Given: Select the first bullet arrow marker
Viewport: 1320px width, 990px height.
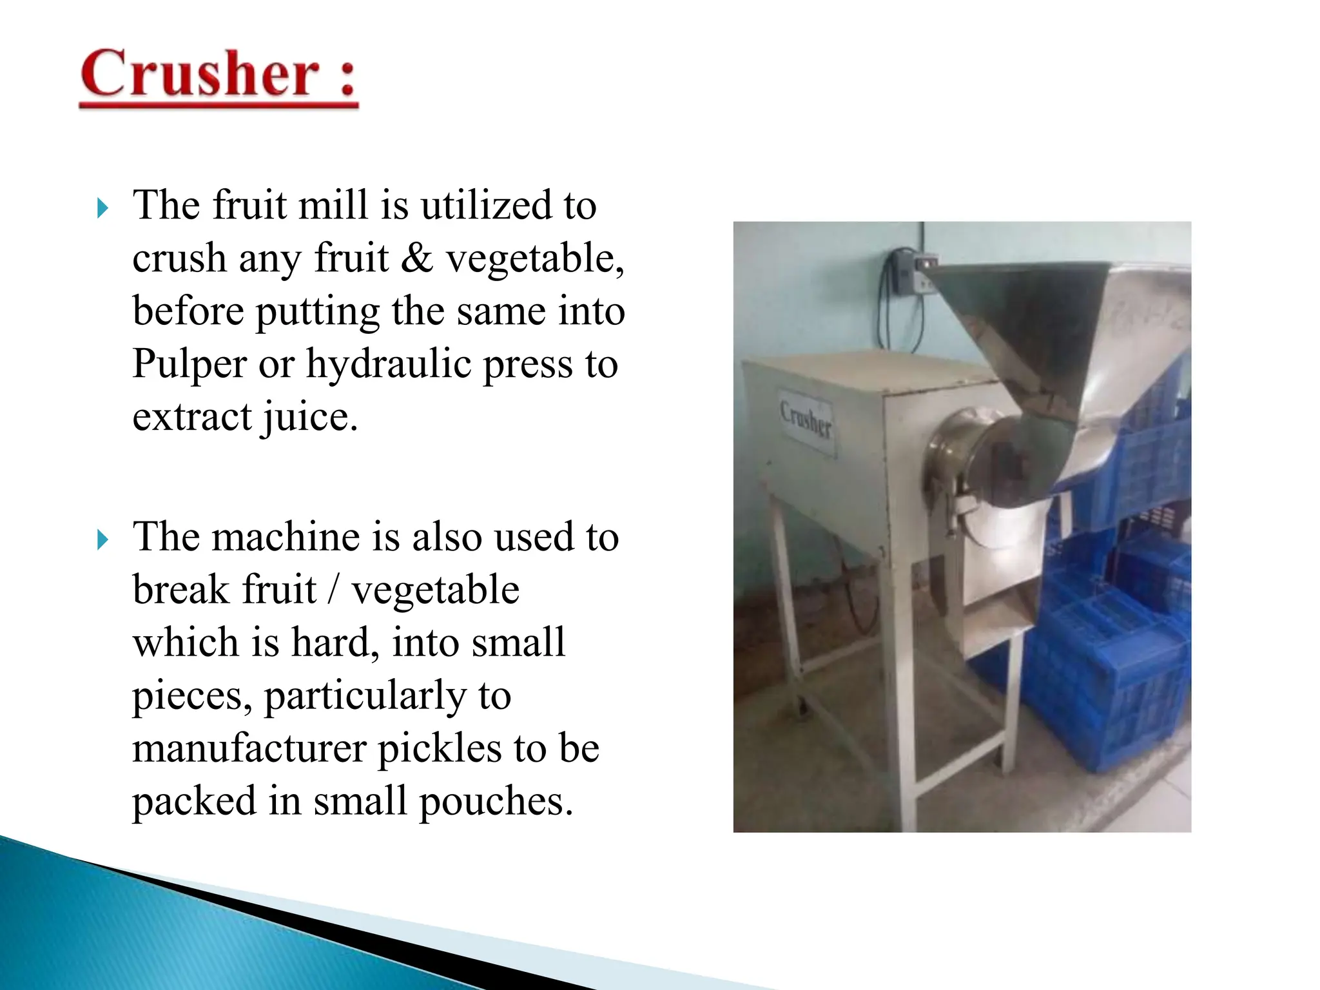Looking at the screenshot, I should click(x=102, y=208).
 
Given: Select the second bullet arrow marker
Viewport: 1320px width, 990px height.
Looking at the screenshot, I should click(x=102, y=539).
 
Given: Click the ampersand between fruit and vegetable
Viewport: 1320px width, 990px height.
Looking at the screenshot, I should click(x=417, y=259).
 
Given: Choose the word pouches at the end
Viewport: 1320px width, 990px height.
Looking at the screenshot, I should click(x=495, y=802).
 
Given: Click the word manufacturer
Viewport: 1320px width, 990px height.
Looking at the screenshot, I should click(x=249, y=749).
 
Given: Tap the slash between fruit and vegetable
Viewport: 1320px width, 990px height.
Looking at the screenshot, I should click(x=333, y=590).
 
